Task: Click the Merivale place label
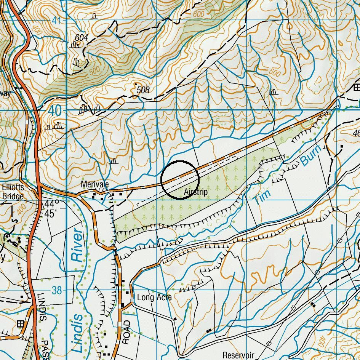click(x=94, y=184)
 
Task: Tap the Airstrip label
click(x=195, y=192)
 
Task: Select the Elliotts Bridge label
click(x=13, y=192)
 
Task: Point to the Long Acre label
click(x=154, y=297)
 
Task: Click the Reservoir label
click(x=238, y=355)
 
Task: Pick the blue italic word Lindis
click(x=78, y=333)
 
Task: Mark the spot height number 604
click(x=81, y=37)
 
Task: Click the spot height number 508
click(x=143, y=90)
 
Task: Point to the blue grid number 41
click(x=56, y=21)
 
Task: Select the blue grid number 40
click(x=55, y=111)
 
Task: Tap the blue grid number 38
click(x=56, y=291)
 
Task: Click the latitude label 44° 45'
click(x=51, y=208)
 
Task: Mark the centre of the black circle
click(x=180, y=180)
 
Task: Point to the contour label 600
click(x=198, y=14)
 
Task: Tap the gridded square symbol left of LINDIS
click(x=20, y=324)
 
